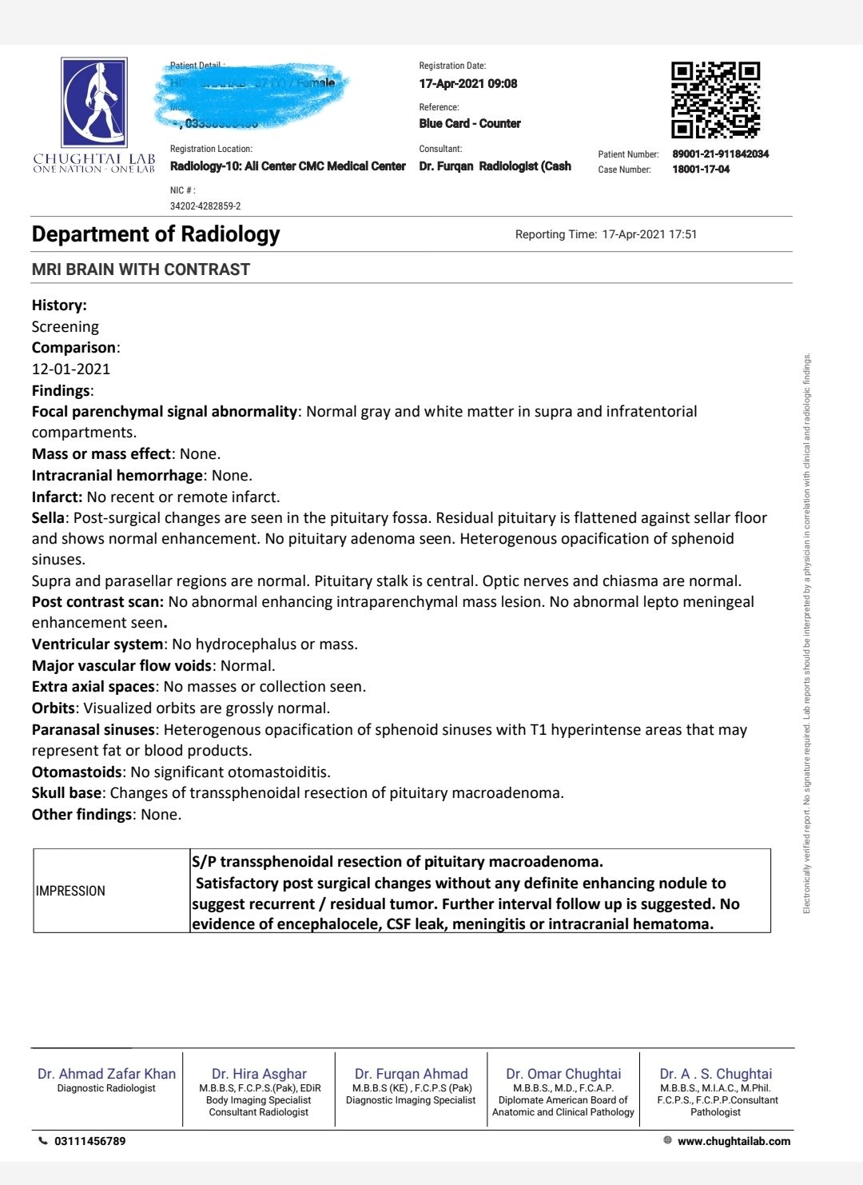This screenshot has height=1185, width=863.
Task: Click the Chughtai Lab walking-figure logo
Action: click(x=94, y=102)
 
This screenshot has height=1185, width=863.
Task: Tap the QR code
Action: click(x=715, y=99)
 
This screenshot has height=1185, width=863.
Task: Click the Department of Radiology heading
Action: click(x=156, y=234)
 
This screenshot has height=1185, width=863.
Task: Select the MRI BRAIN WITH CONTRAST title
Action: click(x=141, y=269)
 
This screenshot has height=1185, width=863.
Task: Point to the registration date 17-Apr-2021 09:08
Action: click(x=467, y=83)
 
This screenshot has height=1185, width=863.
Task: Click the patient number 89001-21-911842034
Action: click(x=720, y=154)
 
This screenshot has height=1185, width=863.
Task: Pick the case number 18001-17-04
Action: click(x=701, y=169)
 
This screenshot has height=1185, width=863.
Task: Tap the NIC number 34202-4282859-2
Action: click(x=205, y=205)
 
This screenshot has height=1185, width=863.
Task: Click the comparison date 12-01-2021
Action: click(x=71, y=369)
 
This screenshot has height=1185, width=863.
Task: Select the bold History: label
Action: click(x=59, y=305)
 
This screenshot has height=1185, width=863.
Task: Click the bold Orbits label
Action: click(x=54, y=708)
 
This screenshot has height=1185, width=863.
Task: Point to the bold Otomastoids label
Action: click(x=77, y=772)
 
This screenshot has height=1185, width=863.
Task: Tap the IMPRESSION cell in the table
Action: click(x=70, y=891)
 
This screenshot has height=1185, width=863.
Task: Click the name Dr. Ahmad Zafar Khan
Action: click(x=106, y=1074)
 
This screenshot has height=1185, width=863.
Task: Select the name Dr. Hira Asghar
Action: click(x=259, y=1074)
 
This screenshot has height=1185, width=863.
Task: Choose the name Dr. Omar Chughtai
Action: click(x=563, y=1074)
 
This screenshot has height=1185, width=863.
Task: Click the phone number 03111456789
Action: click(x=89, y=1141)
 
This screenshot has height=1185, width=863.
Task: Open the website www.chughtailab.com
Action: click(x=734, y=1141)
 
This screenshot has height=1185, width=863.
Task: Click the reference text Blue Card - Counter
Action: click(x=470, y=123)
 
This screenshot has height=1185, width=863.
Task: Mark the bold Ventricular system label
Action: click(x=97, y=644)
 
